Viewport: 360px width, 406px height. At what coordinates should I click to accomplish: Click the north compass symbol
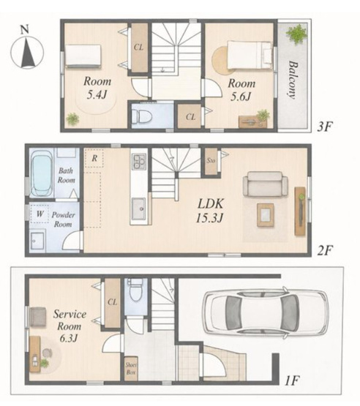[x=27, y=49]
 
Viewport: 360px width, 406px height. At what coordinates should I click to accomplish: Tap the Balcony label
[x=293, y=80]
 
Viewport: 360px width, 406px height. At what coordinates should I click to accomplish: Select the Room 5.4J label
[x=97, y=88]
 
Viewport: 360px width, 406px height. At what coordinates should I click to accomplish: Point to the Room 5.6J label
[x=241, y=90]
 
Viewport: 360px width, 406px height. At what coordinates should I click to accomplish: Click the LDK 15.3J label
[x=209, y=211]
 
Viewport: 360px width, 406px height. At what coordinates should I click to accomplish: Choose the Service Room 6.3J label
[x=70, y=326]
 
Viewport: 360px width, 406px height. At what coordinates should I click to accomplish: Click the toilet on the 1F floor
[x=136, y=290]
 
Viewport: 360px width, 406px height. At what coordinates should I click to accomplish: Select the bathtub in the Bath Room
[x=42, y=173]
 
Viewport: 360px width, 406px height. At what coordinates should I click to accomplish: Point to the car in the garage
[x=266, y=314]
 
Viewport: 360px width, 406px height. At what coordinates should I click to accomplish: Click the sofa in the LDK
[x=265, y=184]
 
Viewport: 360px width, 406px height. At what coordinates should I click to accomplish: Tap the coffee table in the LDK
[x=266, y=214]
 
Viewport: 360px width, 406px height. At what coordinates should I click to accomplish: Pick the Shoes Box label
[x=131, y=369]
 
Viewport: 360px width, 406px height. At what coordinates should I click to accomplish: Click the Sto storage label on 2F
[x=211, y=160]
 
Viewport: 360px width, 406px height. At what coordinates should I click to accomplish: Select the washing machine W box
[x=40, y=214]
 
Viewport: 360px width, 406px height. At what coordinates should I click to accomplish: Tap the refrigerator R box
[x=94, y=158]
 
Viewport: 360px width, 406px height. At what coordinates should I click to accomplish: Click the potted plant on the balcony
[x=297, y=34]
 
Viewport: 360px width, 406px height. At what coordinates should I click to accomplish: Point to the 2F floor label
[x=325, y=251]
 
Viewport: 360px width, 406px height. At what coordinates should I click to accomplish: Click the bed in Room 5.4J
[x=83, y=56]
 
